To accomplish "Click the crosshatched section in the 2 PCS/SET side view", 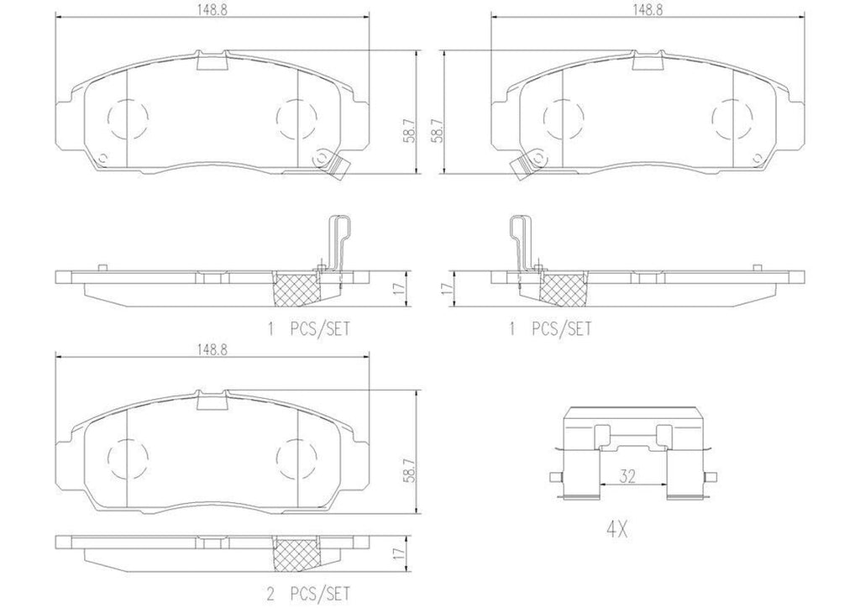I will click(x=297, y=550).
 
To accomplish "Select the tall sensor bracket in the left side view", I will click(x=335, y=244).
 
